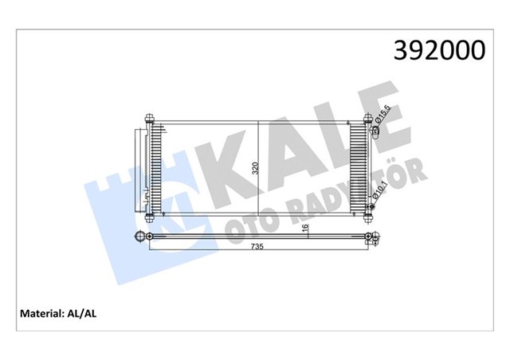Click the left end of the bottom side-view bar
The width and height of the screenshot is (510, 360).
click(x=144, y=236)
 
